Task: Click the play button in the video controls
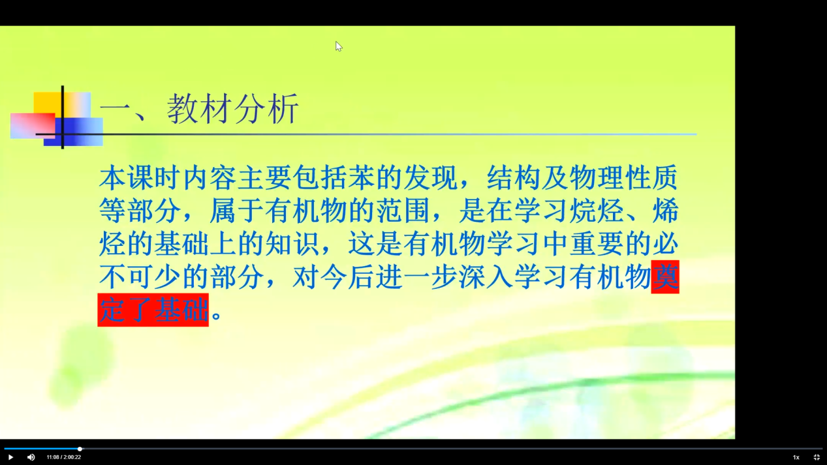point(10,457)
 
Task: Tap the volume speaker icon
point(31,457)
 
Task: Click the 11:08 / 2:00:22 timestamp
point(63,457)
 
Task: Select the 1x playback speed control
point(796,457)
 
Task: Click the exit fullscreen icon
point(817,457)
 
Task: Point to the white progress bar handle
point(80,449)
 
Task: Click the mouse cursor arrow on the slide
point(339,46)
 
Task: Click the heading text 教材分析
point(233,109)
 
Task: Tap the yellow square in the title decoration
point(47,103)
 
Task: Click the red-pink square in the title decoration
point(33,125)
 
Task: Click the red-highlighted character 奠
point(665,277)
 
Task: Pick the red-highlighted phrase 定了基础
point(153,310)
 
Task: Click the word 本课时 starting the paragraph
point(140,177)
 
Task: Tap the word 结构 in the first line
point(514,177)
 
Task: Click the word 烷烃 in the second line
point(597,211)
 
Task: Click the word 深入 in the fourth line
point(486,277)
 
